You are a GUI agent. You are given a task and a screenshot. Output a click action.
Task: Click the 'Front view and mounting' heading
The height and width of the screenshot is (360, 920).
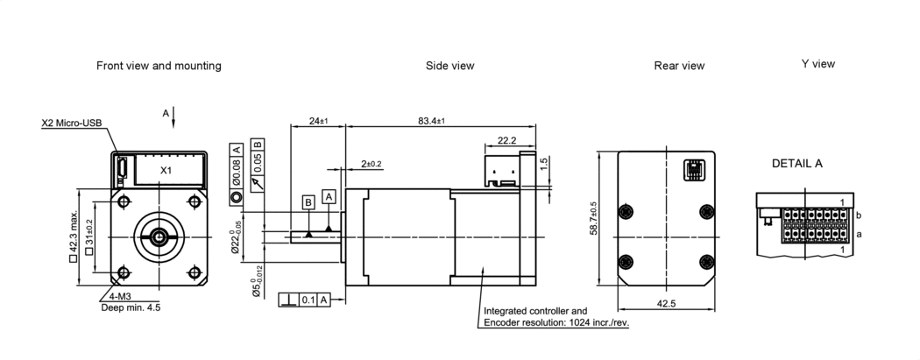(x=159, y=66)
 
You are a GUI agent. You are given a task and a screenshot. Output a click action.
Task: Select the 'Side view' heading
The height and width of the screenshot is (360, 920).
(x=449, y=66)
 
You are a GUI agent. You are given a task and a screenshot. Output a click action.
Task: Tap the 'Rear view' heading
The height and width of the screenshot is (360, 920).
(x=679, y=66)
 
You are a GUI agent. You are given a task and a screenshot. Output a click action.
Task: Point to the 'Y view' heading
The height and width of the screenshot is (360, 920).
(x=818, y=64)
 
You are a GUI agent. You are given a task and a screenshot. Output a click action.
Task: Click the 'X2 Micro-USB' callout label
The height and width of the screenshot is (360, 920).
(x=73, y=124)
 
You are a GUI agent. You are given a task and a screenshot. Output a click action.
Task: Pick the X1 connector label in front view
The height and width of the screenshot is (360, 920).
(x=166, y=169)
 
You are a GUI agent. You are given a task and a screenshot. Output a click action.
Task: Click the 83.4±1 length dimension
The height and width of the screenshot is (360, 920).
(x=431, y=120)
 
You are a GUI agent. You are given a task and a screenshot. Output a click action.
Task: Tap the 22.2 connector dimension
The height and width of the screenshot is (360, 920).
(x=506, y=140)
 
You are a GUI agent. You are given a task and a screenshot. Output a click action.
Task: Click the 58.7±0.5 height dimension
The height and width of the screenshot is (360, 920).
(x=595, y=218)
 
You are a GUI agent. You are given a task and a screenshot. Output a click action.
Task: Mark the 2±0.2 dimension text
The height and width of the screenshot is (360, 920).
(x=373, y=164)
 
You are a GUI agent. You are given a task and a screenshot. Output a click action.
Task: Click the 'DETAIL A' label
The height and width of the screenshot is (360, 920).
(x=796, y=164)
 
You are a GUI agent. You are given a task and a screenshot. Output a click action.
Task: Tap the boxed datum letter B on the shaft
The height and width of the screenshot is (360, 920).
(x=308, y=202)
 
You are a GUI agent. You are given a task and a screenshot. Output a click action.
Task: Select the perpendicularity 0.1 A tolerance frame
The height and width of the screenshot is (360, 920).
(x=304, y=300)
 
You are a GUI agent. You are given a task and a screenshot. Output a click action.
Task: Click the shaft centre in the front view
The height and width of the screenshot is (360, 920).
(x=159, y=236)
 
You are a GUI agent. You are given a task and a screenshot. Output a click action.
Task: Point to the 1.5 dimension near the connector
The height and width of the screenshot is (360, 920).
(x=544, y=163)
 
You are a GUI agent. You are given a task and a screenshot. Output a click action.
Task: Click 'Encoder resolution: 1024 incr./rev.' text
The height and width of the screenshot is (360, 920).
(x=556, y=322)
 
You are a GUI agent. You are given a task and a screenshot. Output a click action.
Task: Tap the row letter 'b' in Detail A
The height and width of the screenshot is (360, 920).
(x=859, y=215)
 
